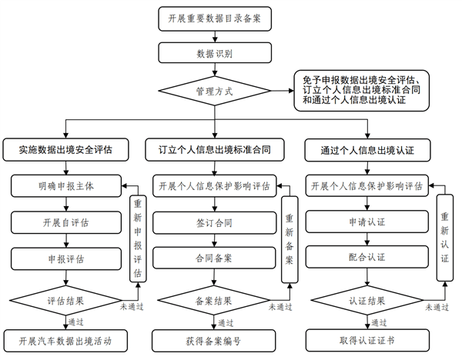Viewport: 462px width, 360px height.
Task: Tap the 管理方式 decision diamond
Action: point(215,92)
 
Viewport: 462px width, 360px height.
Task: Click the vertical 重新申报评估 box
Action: point(138,238)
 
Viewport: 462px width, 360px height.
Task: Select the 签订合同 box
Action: point(215,222)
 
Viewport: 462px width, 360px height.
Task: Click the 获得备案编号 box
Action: point(215,340)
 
